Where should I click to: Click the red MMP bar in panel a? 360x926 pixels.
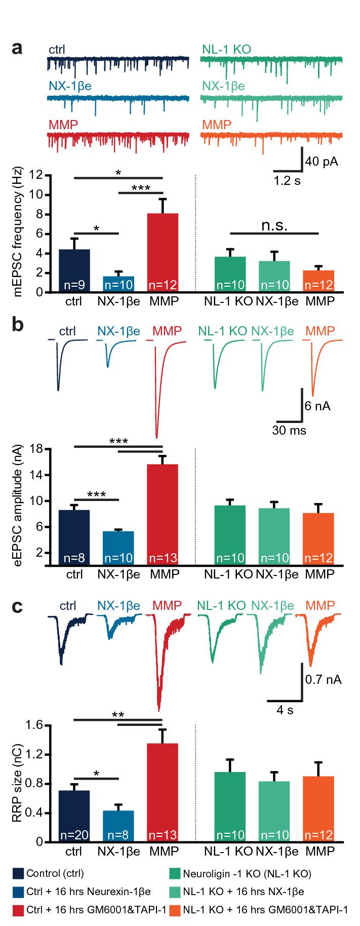coord(163,253)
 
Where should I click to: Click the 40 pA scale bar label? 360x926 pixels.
coord(322,162)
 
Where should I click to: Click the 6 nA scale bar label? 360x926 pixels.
coord(317,406)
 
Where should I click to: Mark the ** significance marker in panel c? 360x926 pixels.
coord(117,715)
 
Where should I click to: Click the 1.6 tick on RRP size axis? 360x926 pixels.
coord(32,725)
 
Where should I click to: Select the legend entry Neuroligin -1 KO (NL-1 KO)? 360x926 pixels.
coord(247,873)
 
